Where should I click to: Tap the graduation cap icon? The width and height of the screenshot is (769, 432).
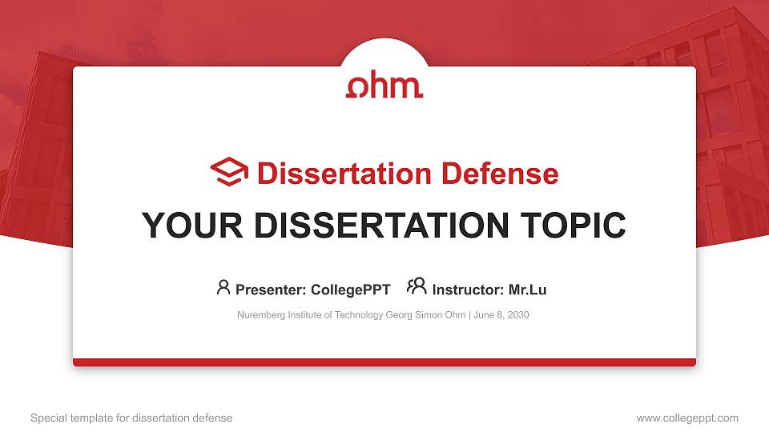229,172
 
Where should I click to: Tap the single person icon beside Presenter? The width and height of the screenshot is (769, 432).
223,287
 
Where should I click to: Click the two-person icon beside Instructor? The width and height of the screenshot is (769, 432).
417,286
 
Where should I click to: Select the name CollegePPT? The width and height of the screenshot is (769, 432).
350,290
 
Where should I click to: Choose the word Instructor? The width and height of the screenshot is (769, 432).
469,290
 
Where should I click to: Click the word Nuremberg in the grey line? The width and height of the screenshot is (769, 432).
259,315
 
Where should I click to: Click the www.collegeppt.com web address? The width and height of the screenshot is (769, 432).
686,418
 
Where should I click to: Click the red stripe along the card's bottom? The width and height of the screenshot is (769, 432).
384,362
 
